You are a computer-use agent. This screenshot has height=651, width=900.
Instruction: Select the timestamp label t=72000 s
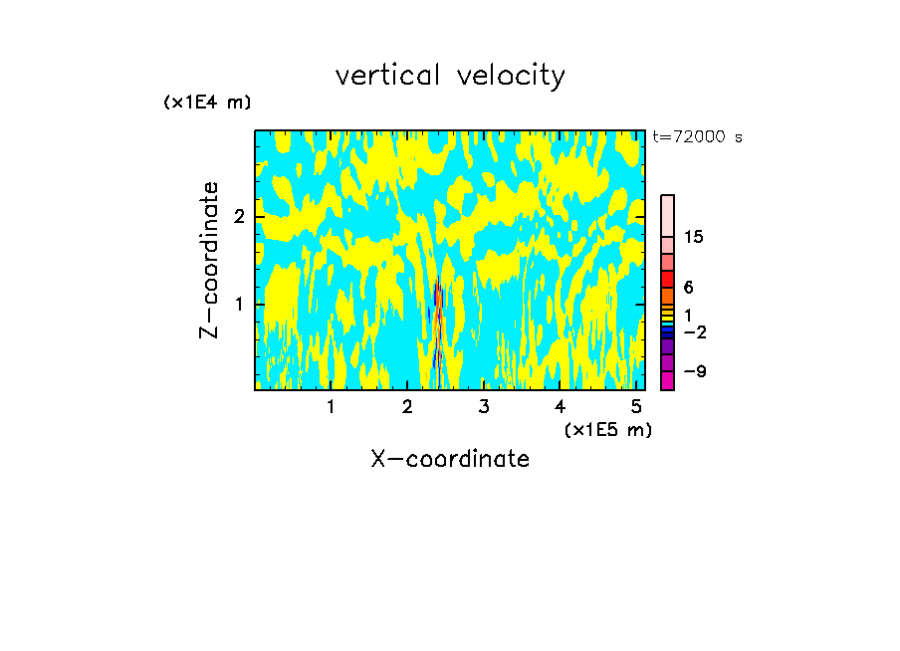pos(697,137)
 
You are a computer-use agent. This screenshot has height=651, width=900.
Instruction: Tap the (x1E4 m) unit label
pos(207,103)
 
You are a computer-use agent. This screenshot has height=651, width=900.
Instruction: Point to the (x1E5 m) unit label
pos(607,429)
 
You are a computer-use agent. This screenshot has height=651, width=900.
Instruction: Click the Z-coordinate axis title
pos(209,260)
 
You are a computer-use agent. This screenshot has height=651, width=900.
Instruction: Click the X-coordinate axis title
pos(450,459)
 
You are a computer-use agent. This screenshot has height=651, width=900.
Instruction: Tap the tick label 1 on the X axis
pos(331,407)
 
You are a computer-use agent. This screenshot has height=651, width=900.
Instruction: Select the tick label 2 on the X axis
pos(407,407)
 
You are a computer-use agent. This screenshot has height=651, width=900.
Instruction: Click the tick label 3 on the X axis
pos(483,407)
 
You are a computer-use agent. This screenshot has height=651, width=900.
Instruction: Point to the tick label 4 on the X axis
pos(560,407)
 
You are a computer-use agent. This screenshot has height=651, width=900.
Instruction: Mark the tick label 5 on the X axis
pos(635,407)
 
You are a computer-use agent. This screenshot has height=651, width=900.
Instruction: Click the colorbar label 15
pos(694,237)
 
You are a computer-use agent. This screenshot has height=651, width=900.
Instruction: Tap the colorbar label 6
pos(688,287)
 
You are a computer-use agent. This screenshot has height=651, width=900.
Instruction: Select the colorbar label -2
pos(694,332)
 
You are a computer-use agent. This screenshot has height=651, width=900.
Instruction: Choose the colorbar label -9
pos(694,371)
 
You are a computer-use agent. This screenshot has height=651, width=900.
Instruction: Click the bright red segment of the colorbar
pos(667,279)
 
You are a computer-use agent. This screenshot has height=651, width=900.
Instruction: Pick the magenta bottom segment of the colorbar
pos(667,380)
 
